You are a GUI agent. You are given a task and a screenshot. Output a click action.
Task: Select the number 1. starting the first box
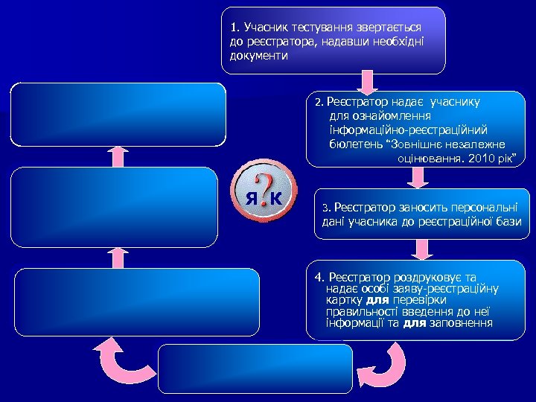tap(235, 28)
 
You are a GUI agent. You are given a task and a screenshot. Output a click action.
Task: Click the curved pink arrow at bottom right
tap(383, 365)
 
